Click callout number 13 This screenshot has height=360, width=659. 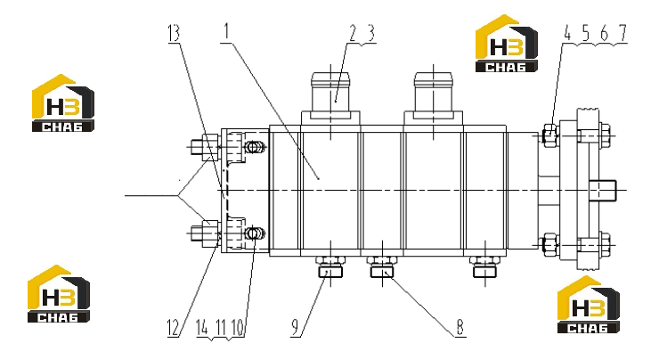(x=174, y=33)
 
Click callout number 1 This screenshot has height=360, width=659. (x=227, y=32)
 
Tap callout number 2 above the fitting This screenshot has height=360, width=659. (x=352, y=33)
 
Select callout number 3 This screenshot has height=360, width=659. (x=370, y=33)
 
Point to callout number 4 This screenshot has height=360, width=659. (x=567, y=33)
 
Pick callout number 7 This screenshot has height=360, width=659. (x=622, y=33)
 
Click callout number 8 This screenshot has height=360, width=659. (x=460, y=327)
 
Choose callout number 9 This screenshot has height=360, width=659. (x=296, y=328)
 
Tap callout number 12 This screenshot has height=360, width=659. (x=173, y=328)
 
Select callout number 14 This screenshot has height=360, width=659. (x=202, y=328)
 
